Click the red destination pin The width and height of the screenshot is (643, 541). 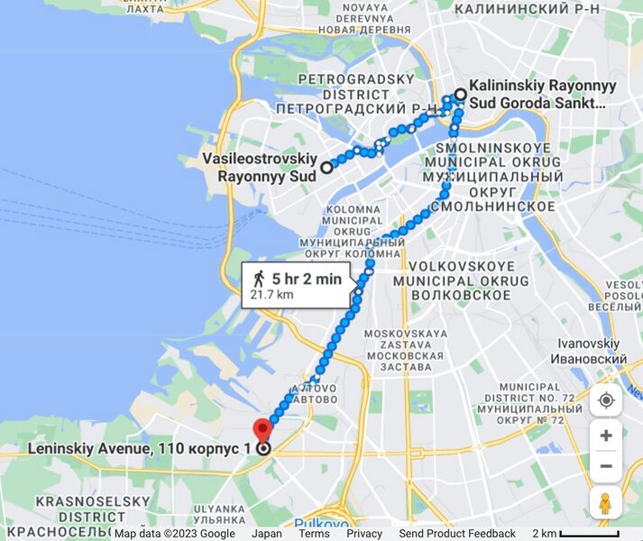(x=262, y=429)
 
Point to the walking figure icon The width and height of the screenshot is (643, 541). (x=260, y=279)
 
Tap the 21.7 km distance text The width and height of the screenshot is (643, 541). (x=272, y=295)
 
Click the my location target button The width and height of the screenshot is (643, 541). (x=605, y=399)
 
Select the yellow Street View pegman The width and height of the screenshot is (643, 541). (x=605, y=503)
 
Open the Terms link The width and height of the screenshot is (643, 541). (x=314, y=534)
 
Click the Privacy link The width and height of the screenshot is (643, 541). (x=364, y=534)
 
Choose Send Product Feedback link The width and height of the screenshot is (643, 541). (x=457, y=534)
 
